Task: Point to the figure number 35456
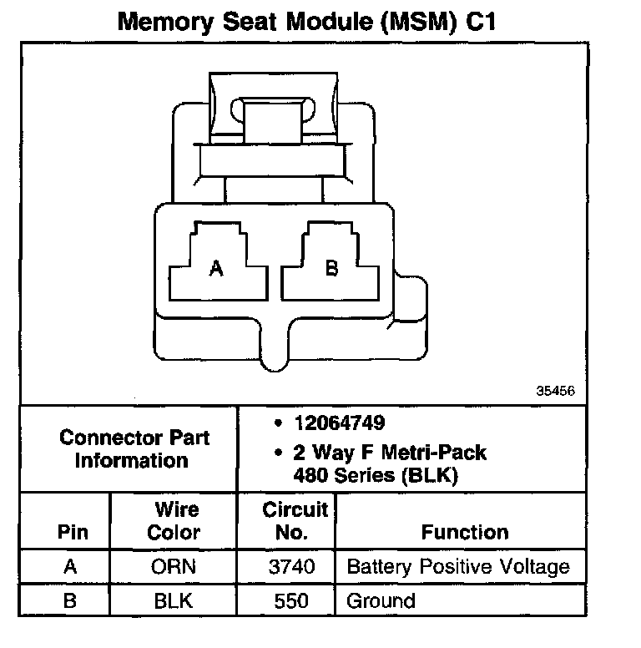555,391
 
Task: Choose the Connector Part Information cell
134,448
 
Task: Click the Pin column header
72,532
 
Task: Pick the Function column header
465,532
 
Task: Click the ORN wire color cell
174,568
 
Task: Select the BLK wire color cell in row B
174,600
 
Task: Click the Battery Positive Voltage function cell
458,568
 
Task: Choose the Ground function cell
381,600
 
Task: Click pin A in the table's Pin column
71,568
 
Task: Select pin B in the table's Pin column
71,600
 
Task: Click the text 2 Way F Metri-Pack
389,453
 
